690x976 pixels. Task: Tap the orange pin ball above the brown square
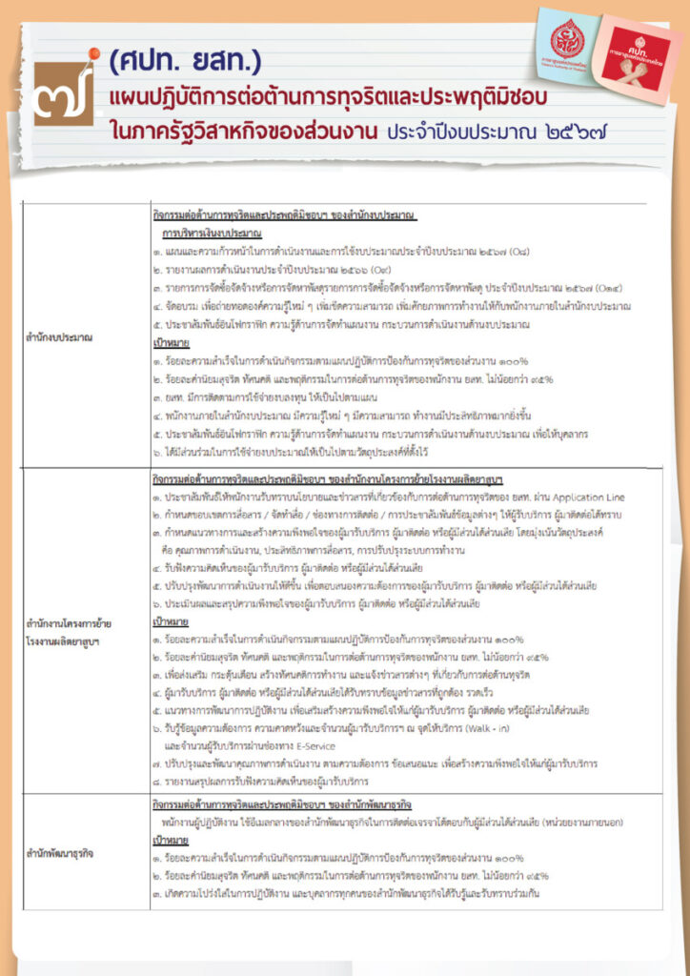coord(93,52)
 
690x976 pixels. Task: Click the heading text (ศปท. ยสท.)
coord(185,63)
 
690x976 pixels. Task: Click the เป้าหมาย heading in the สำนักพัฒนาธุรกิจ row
coord(172,843)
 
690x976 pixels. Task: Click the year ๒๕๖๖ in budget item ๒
coord(339,269)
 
